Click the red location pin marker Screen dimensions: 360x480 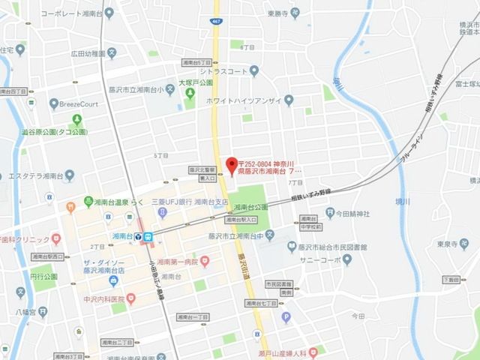231,163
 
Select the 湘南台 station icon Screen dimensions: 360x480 148,237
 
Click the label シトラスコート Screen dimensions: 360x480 223,71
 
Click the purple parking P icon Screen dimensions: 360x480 286,317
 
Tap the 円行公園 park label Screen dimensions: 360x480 43,276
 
